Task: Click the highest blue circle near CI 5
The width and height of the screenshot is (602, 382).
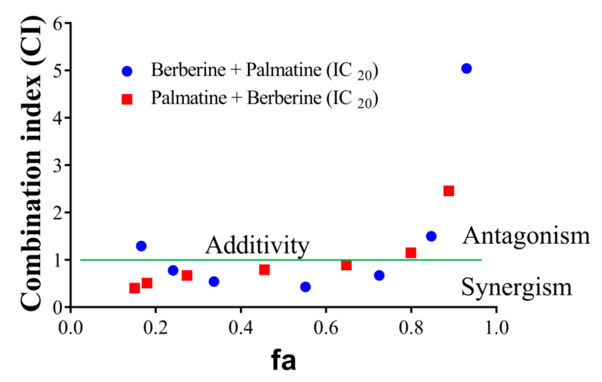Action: tap(466, 68)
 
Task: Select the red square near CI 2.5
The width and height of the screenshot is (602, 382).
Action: tap(449, 191)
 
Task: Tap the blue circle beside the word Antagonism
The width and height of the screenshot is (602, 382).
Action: tap(431, 236)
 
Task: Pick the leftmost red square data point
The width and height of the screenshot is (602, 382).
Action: tap(135, 288)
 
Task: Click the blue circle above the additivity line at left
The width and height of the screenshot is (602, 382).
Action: tap(141, 246)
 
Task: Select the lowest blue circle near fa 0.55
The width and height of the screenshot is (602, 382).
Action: tap(305, 287)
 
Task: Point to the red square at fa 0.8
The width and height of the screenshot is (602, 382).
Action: tap(411, 253)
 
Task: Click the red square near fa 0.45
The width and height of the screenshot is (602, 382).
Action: tap(264, 270)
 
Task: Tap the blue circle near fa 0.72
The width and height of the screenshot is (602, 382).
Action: tap(379, 276)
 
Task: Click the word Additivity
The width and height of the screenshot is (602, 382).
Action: tap(257, 245)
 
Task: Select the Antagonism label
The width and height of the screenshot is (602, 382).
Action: tap(526, 236)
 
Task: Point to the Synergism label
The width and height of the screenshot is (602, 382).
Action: tap(516, 287)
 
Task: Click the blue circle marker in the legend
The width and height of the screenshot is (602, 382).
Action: tap(127, 71)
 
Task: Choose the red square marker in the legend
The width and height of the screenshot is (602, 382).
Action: tap(127, 99)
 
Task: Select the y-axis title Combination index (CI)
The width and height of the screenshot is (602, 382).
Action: tap(31, 163)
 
